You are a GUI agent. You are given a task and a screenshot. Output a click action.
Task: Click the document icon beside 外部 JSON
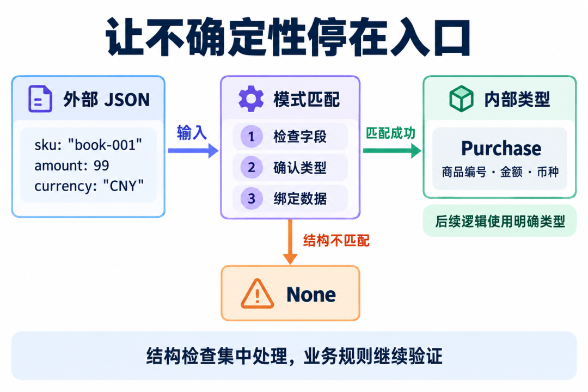40,99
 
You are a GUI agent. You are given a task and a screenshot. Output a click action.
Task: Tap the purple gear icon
251,99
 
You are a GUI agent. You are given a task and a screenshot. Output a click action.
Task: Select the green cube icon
461,99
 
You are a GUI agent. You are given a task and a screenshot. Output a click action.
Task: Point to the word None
311,295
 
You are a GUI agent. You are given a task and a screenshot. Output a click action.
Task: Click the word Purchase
501,149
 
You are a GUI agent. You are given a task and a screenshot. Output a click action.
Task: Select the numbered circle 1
251,136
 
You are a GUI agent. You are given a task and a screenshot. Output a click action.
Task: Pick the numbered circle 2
251,167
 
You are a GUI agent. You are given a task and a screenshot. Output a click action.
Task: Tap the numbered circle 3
251,198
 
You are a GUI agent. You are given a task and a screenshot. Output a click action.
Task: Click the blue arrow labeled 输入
193,150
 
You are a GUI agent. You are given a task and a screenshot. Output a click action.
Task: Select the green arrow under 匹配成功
392,150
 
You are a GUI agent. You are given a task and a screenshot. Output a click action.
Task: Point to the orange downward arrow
290,242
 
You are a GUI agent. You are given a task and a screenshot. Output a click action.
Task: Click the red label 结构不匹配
336,241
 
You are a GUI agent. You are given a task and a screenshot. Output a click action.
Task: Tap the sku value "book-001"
105,145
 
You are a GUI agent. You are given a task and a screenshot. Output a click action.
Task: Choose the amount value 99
101,166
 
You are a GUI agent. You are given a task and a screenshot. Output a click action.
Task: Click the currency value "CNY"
124,186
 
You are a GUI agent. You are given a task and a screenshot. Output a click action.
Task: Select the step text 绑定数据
300,199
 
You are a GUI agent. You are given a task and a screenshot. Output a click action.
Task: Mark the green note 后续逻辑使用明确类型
500,222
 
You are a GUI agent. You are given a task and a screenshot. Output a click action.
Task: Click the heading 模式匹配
307,100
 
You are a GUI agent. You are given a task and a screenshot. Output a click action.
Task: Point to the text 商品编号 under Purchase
464,172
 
